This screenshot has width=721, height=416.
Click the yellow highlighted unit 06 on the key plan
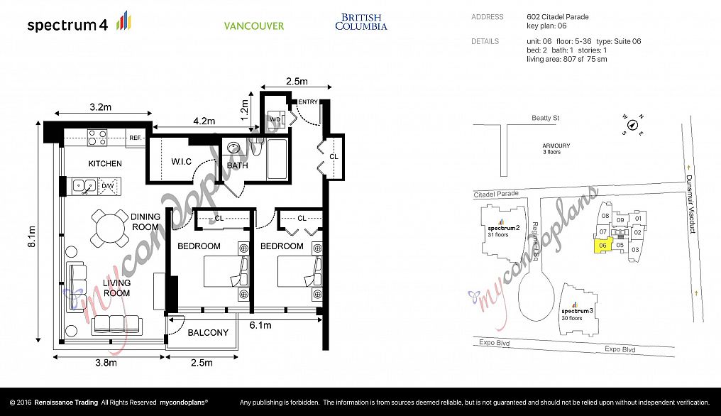pos(602,246)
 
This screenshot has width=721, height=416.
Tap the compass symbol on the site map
pos(633,125)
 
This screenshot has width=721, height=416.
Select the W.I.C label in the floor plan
pos(181,162)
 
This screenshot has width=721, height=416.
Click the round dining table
pos(110,228)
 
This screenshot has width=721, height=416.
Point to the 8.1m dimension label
pos(32,236)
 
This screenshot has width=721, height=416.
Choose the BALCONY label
pos(208,332)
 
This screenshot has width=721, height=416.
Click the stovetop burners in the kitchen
pos(97,138)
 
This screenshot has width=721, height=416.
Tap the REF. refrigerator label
pos(135,138)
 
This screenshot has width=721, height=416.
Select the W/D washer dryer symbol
pos(275,120)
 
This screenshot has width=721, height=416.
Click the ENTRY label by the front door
pos(308,102)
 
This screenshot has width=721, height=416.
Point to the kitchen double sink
pos(84,186)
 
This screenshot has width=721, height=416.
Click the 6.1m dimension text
pos(260,325)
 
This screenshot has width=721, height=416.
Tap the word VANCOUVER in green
pos(254,26)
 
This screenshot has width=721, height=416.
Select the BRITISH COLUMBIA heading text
pos(361,22)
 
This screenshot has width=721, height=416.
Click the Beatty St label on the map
pos(545,118)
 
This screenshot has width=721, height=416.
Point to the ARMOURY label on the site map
pos(556,146)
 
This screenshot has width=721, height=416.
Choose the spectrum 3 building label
pos(577,311)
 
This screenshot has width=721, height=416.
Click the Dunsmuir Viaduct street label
pos(691,204)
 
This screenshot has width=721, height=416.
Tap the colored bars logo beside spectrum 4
pos(123,21)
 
